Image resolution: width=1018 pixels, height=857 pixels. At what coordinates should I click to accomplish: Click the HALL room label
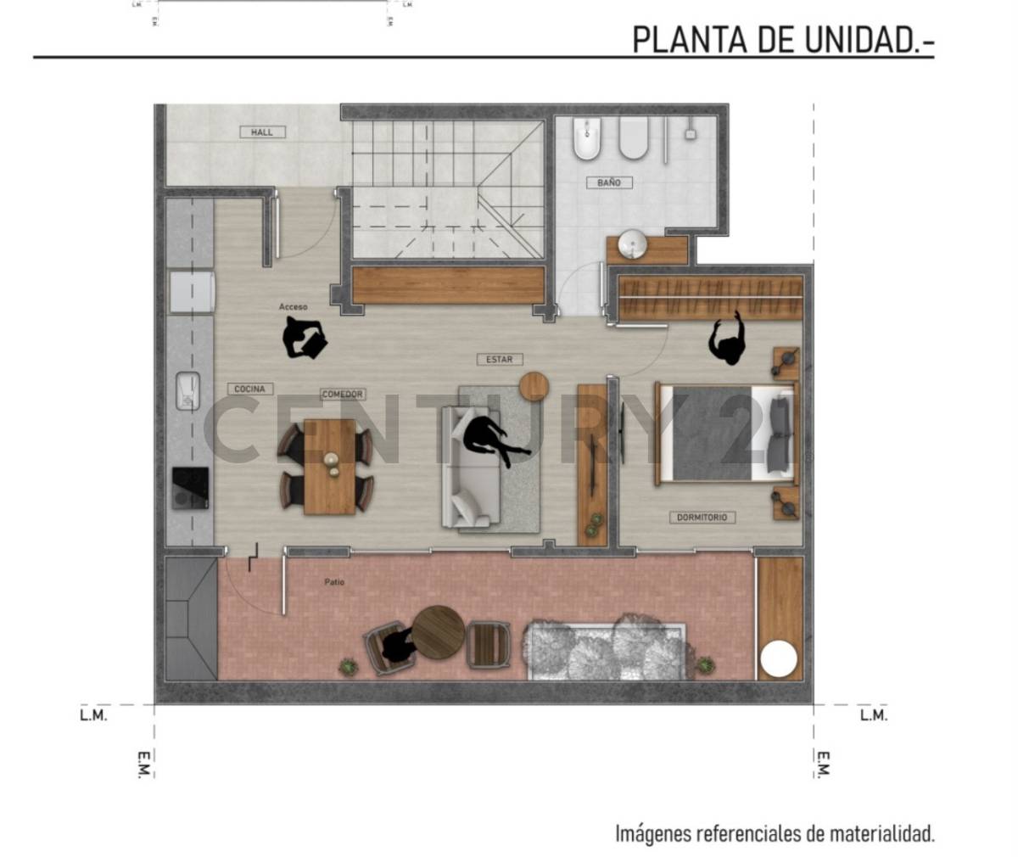coord(262,132)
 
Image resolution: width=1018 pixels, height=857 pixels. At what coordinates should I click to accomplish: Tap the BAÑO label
coord(608,182)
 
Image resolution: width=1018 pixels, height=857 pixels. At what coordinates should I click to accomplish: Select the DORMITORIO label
coord(702,517)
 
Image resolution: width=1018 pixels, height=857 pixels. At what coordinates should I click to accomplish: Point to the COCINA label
coord(249,389)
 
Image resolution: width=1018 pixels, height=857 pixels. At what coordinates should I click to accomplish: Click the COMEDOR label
coord(343,395)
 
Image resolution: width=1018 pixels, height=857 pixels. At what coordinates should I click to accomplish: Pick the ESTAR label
coord(499,360)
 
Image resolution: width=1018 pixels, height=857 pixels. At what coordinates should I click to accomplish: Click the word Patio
coord(334,582)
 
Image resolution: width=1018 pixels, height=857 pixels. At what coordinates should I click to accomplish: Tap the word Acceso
coord(293,306)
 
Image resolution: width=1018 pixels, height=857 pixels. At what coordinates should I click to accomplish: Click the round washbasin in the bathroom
coord(630,244)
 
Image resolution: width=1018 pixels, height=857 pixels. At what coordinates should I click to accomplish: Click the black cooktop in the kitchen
coord(190,488)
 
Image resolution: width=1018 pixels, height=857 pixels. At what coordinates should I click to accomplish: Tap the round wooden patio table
coord(439,632)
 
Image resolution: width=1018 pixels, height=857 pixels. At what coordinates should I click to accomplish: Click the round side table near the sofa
coord(534,386)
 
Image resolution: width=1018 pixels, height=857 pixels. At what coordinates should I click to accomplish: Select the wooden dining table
coord(329,467)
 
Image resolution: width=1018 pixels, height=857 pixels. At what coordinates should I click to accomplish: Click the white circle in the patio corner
coord(778,659)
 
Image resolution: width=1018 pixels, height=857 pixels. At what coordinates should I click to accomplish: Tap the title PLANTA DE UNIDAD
coord(782,39)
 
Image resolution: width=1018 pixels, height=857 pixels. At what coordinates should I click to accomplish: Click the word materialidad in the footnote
coord(881,833)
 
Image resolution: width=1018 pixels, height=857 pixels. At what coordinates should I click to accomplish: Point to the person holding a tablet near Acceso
coord(303,338)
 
